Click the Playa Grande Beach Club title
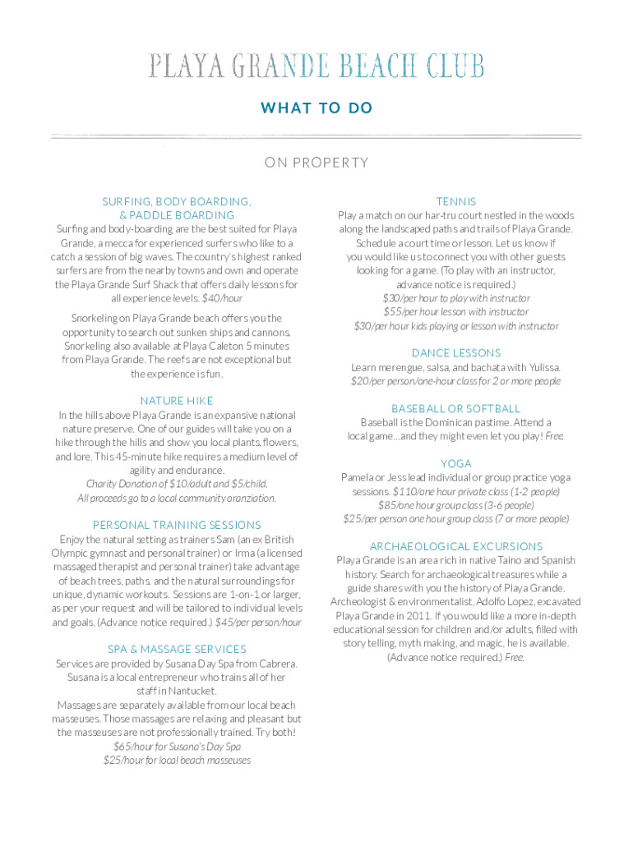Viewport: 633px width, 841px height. tap(316, 66)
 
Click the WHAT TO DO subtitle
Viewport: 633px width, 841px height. tap(316, 108)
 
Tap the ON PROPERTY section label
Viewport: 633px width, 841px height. tap(316, 163)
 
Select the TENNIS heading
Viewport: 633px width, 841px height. tap(456, 201)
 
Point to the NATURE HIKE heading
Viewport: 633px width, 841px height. tap(177, 401)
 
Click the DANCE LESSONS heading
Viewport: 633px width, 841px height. tap(456, 353)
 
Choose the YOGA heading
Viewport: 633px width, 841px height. tap(456, 464)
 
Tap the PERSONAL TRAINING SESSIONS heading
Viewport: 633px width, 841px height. tap(177, 525)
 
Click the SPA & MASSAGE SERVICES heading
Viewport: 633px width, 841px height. tap(177, 650)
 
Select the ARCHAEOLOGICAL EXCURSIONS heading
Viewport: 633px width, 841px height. tap(456, 546)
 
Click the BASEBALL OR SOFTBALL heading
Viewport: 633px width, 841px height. tap(456, 408)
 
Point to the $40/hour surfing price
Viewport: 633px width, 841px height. tap(223, 298)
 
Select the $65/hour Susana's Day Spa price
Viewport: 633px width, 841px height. tap(177, 747)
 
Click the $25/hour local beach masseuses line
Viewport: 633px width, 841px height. tap(177, 761)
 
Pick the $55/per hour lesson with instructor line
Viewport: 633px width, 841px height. tap(456, 312)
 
